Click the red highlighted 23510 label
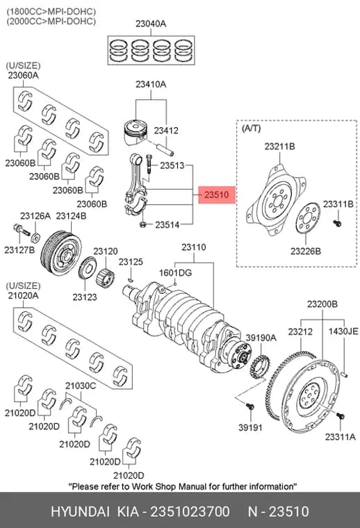217,195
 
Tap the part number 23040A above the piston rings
151,24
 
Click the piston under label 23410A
136,132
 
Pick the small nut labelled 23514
142,224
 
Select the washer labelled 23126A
35,238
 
